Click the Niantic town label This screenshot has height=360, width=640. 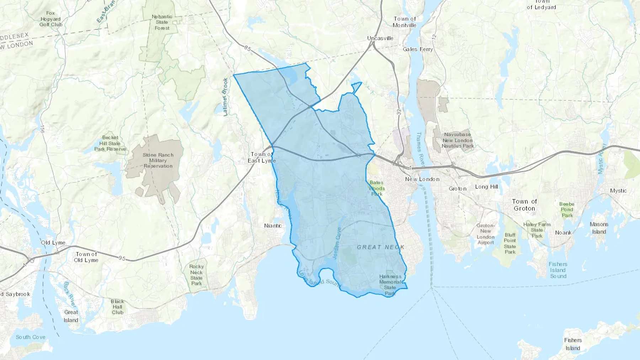[273, 226]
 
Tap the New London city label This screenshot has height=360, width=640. [422, 179]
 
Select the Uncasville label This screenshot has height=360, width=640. [380, 38]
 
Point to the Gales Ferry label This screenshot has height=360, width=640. [418, 49]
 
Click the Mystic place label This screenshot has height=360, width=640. [618, 190]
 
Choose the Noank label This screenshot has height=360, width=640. [563, 233]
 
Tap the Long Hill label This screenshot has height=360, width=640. [486, 187]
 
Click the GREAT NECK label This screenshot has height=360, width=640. [380, 247]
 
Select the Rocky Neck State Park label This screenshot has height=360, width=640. [196, 275]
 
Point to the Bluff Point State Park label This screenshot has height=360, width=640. [510, 243]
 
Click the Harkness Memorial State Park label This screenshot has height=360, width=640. [390, 285]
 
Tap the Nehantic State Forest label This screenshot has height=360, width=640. [162, 22]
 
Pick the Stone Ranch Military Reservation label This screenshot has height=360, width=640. [158, 160]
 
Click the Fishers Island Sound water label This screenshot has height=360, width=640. [558, 270]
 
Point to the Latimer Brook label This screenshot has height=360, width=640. [225, 97]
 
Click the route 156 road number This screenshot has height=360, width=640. [42, 129]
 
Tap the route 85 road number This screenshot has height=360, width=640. [247, 48]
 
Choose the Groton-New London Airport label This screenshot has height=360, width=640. [485, 234]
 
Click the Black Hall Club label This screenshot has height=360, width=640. [117, 307]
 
